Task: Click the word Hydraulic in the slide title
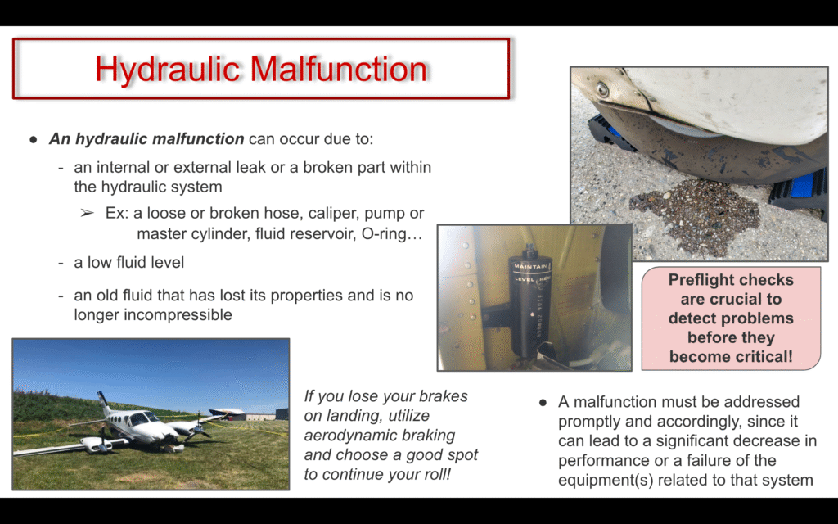point(167,70)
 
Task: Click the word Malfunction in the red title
point(339,69)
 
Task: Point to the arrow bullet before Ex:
point(87,214)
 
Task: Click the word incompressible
point(153,314)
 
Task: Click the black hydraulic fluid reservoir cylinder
point(529,302)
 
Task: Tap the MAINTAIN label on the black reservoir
point(530,266)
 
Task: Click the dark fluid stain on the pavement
point(695,214)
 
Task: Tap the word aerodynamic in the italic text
point(380,436)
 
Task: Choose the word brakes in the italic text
point(443,396)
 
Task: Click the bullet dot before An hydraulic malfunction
point(34,139)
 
